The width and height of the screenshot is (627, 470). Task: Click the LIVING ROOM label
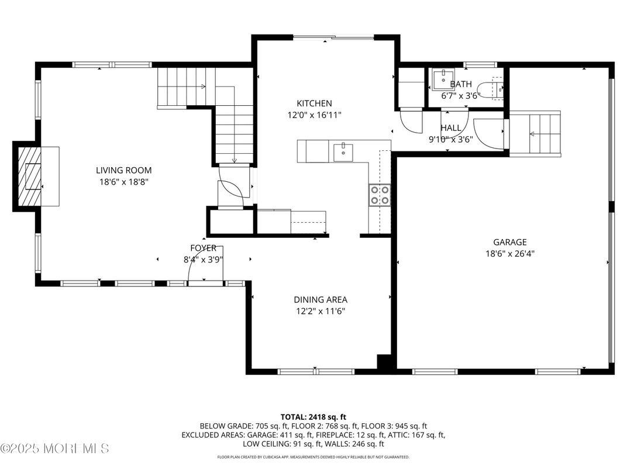click(123, 171)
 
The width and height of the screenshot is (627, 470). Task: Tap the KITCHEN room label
click(314, 103)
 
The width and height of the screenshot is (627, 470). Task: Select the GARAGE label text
click(509, 242)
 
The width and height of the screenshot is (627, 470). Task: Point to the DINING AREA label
click(320, 300)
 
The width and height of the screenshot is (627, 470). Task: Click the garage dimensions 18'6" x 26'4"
click(509, 254)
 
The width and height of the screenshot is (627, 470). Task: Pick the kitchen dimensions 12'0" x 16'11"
click(314, 115)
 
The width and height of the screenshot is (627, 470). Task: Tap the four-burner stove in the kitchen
click(380, 195)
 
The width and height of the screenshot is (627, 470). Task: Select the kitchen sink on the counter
click(342, 152)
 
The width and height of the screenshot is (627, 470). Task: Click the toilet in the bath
click(496, 89)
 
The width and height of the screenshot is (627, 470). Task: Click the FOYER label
click(203, 248)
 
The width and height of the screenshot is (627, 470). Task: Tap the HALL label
click(450, 128)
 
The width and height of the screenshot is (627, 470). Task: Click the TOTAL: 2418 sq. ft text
click(313, 417)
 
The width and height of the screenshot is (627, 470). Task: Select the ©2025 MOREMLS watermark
click(55, 449)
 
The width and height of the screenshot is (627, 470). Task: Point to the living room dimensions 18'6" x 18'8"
click(123, 182)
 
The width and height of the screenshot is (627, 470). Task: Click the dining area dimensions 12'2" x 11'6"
click(320, 312)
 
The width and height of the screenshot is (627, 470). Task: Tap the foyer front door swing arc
click(196, 267)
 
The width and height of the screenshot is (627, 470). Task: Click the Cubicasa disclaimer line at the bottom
click(313, 457)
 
